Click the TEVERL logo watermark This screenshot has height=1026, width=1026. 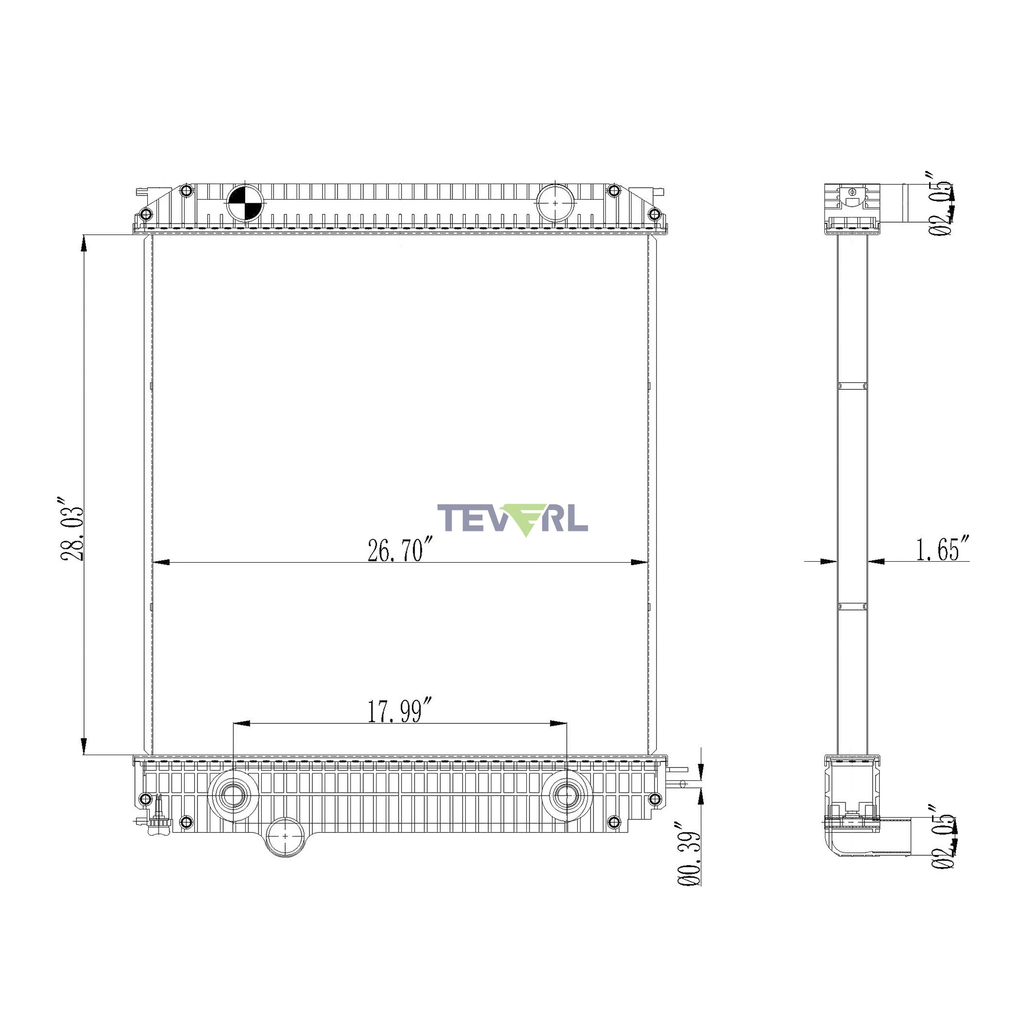pos(512,519)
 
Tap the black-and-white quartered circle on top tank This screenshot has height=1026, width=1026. pos(245,202)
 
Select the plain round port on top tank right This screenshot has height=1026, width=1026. pos(556,202)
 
